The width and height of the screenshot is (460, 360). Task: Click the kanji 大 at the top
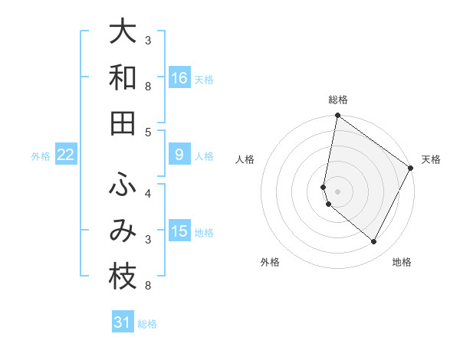coord(123,31)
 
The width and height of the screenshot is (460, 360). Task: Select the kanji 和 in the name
coord(123,77)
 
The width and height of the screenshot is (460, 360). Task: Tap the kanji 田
coord(123,123)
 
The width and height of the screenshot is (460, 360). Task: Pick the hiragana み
coord(123,231)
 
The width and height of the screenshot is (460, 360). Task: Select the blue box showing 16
coord(179,77)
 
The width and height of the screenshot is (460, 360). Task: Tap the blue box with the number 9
coord(179,155)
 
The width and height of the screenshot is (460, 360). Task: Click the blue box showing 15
coord(179,231)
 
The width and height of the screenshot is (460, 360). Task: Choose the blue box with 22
coord(66,155)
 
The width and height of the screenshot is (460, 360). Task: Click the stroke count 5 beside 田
coord(148,132)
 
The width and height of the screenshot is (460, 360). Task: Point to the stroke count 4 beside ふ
coord(148,192)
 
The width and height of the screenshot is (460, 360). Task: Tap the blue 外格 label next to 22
coord(41,155)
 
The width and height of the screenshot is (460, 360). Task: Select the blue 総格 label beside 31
coord(147,324)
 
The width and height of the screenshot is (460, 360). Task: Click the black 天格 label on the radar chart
coord(432,159)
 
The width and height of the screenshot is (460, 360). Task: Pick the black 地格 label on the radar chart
coord(402,262)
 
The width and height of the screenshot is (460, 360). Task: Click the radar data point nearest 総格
coord(337,116)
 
